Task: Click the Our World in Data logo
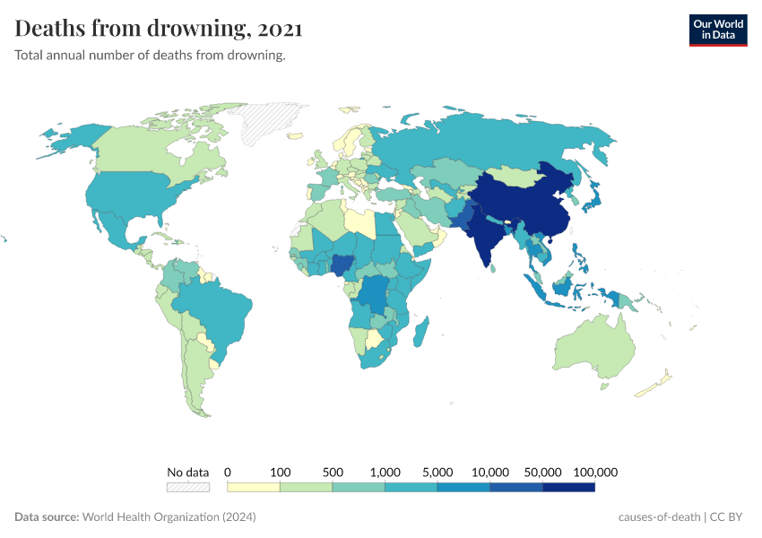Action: click(717, 30)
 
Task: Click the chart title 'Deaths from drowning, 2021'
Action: click(159, 29)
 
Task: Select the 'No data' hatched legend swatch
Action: click(187, 487)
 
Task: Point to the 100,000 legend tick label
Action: click(595, 472)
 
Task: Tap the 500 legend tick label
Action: click(333, 472)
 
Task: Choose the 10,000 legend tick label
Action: click(490, 472)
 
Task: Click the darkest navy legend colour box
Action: click(568, 487)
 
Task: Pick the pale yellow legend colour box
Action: click(254, 487)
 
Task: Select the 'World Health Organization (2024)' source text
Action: click(169, 517)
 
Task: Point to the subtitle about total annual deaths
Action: click(150, 56)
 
